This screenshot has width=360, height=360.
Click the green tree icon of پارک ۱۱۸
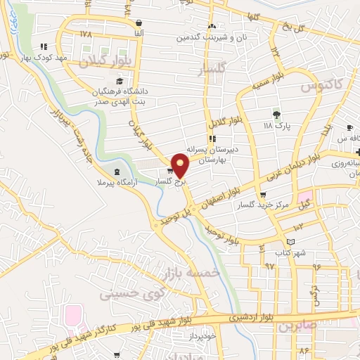pyautogui.click(x=276, y=113)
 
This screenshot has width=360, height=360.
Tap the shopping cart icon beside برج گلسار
pyautogui.click(x=170, y=171)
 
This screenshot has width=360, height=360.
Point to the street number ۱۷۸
pyautogui.click(x=86, y=33)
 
